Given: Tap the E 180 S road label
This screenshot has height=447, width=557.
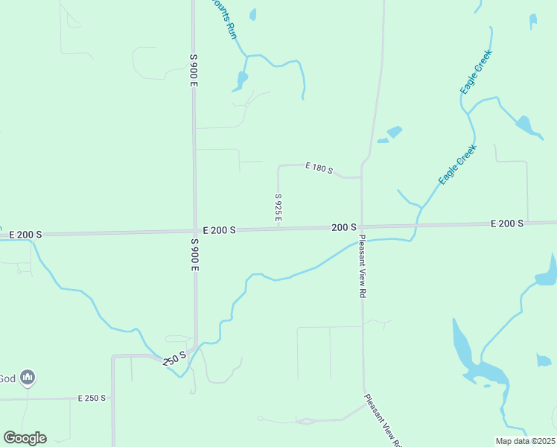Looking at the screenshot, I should (x=319, y=168).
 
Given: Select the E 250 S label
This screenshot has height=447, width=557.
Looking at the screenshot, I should (x=92, y=399).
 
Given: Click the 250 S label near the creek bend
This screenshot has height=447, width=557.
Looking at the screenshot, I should (x=174, y=358).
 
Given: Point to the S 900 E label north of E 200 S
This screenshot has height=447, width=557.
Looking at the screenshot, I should (x=193, y=71).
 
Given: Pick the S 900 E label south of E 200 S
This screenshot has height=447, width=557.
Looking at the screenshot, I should (x=194, y=255).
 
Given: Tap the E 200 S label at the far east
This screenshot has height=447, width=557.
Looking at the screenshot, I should (x=506, y=223).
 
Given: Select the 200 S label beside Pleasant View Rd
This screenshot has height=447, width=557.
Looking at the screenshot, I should (x=344, y=226).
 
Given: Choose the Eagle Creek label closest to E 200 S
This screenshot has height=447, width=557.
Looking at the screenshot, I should (x=456, y=165).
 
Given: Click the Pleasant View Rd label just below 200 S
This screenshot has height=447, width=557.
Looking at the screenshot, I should (x=363, y=266).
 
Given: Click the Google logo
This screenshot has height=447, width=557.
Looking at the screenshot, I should (x=25, y=437).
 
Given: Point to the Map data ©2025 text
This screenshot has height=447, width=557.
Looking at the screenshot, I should (x=524, y=441).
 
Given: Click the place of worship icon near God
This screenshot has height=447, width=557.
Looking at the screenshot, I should (x=28, y=378).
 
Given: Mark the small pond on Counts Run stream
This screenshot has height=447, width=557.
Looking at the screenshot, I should (x=241, y=79).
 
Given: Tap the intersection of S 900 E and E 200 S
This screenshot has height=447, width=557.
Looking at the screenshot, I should (x=194, y=231).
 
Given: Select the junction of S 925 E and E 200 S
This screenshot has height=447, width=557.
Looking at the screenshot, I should (x=278, y=229).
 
